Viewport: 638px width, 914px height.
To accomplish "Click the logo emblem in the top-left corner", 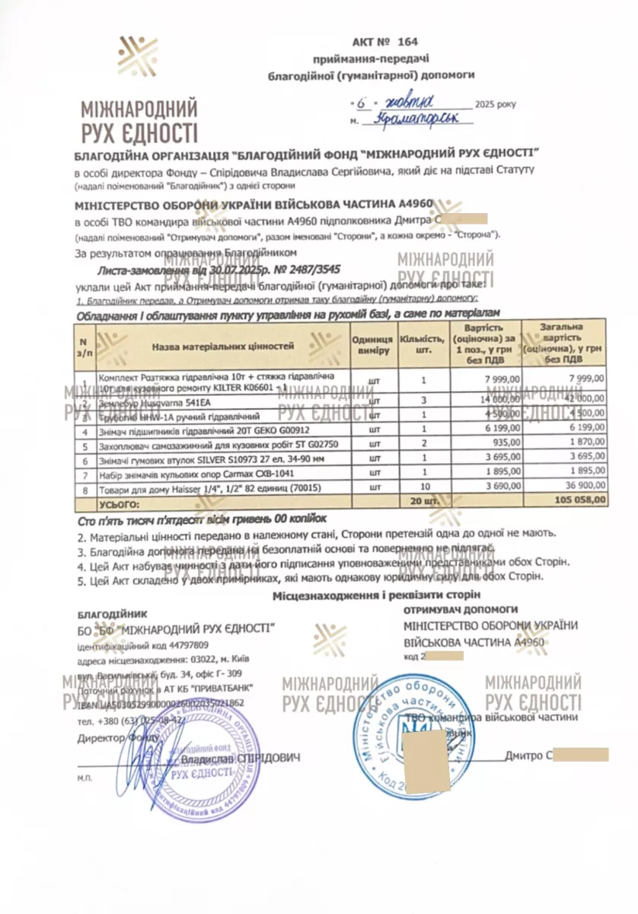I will coord(137,56).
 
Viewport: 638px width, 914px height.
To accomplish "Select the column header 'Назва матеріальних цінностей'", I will coord(222,347).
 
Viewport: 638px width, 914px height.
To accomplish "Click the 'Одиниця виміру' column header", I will coord(373,346).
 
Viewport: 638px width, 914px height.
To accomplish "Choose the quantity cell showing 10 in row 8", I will coord(424,484).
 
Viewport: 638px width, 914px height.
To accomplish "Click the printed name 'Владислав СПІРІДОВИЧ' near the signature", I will coord(241,758).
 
